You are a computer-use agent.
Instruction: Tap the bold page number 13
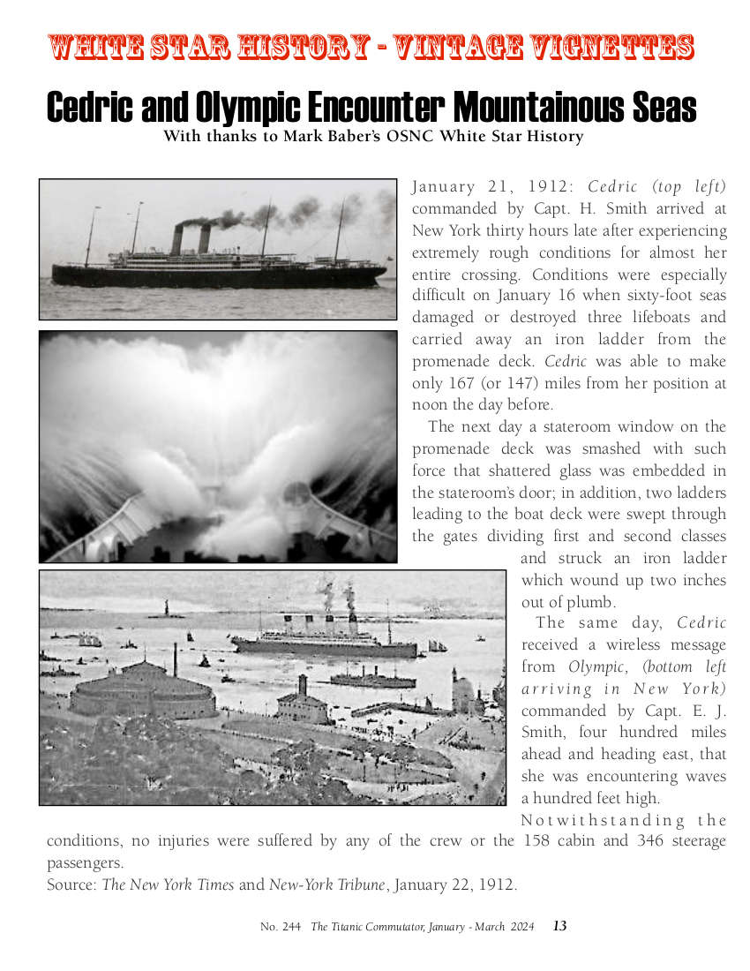(x=559, y=926)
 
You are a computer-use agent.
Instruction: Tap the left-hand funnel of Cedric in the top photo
(x=176, y=239)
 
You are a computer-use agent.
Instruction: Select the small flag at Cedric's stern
(x=388, y=260)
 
